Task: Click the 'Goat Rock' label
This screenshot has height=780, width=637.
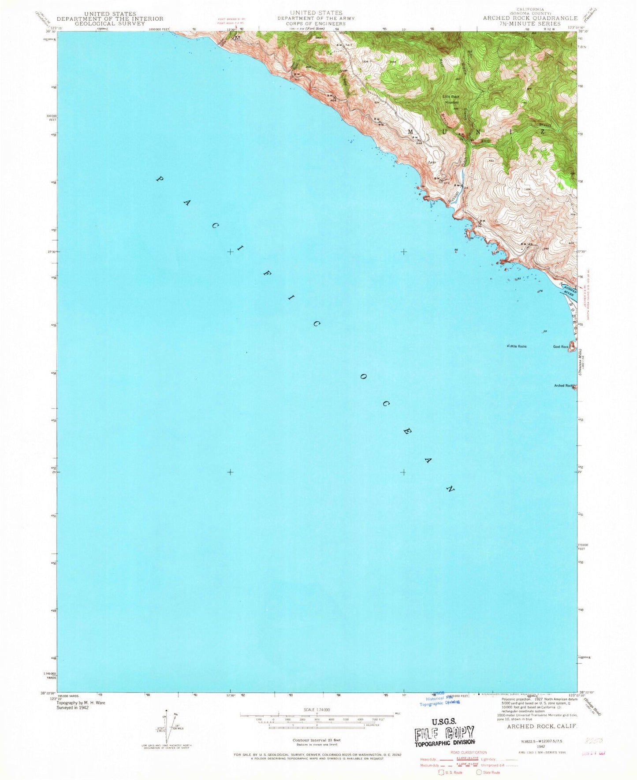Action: click(x=561, y=347)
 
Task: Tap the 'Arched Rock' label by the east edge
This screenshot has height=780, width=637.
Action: click(x=563, y=386)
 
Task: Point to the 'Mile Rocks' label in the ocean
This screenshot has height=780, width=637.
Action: click(x=518, y=346)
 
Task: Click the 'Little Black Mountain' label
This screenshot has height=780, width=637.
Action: click(x=452, y=99)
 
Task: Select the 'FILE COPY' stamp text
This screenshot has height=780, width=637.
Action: click(x=444, y=733)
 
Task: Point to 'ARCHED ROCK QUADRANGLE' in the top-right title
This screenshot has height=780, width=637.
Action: click(x=530, y=18)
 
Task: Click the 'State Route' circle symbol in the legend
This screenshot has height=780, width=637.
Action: click(x=479, y=773)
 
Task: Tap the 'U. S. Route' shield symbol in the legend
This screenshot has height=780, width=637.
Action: click(x=441, y=773)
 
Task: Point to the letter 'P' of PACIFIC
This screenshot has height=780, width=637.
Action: click(x=160, y=179)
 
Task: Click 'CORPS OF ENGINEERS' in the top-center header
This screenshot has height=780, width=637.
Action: click(x=316, y=23)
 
